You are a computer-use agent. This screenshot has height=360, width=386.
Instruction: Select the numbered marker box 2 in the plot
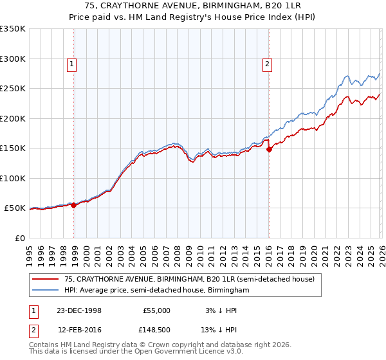click(x=266, y=64)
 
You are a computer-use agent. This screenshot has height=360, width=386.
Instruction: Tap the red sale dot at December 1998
click(x=74, y=205)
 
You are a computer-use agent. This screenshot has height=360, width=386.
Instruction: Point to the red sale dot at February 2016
click(x=269, y=149)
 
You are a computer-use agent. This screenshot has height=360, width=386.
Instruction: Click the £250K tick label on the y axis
click(x=13, y=89)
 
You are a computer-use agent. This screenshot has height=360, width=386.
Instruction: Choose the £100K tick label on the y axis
click(x=13, y=178)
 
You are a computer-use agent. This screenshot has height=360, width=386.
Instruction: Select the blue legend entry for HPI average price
click(x=156, y=291)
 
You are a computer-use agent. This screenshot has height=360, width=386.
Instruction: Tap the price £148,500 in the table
click(x=156, y=330)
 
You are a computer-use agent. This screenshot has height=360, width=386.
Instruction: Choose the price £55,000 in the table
click(x=156, y=310)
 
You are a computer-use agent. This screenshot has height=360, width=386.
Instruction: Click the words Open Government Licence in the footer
click(x=174, y=352)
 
